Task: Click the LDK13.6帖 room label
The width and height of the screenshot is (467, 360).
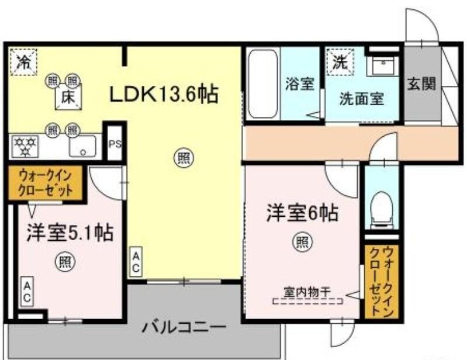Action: coord(162,94)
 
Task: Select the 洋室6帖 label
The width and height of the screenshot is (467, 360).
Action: coord(302,213)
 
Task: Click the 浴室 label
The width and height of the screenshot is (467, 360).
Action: coord(300,84)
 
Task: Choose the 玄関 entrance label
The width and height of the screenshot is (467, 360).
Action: coord(421,84)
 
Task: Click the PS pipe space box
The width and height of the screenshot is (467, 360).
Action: coord(115,144)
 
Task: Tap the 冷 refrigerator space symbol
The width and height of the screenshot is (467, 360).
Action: coord(23,61)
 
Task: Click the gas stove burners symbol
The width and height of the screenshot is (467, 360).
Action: coord(26,146)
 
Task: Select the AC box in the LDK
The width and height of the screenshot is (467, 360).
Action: coord(135,262)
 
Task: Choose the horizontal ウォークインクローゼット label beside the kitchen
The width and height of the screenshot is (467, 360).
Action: coord(45,183)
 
